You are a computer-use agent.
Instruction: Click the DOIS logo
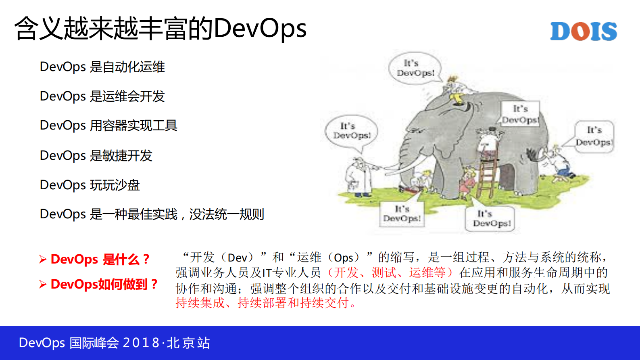tap(583, 31)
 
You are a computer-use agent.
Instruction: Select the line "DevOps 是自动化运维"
tap(102, 67)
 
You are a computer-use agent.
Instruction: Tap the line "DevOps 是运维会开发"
tap(102, 96)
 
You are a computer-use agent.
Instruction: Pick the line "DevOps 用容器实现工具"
tap(108, 126)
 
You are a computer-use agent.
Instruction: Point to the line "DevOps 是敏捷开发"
tap(96, 155)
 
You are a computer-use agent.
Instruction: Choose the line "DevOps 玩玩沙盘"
tap(90, 185)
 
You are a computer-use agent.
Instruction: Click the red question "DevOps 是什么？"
tap(100, 259)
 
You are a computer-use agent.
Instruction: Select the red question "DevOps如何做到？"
tap(104, 284)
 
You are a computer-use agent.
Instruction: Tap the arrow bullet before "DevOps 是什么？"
tap(43, 259)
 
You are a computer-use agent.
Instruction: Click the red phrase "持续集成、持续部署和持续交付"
tap(262, 303)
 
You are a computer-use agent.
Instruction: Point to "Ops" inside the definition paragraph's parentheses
tap(344, 257)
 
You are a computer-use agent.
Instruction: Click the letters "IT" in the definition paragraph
tap(267, 273)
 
